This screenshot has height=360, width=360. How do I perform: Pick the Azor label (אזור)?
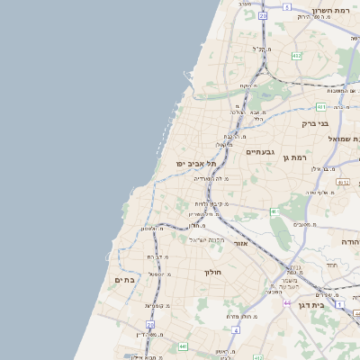(x=240, y=243)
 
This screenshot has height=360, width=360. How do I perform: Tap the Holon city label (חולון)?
(x=212, y=272)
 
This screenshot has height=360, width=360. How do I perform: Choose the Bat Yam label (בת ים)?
(x=124, y=280)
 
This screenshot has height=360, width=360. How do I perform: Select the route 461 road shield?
(x=274, y=210)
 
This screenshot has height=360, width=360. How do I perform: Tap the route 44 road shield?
(x=287, y=303)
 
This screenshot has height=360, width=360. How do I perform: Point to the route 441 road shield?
(x=183, y=346)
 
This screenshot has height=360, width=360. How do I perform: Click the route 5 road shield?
(x=286, y=6)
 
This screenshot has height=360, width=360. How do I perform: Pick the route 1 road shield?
(x=339, y=304)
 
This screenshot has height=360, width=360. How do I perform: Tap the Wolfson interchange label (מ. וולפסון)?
(x=150, y=229)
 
